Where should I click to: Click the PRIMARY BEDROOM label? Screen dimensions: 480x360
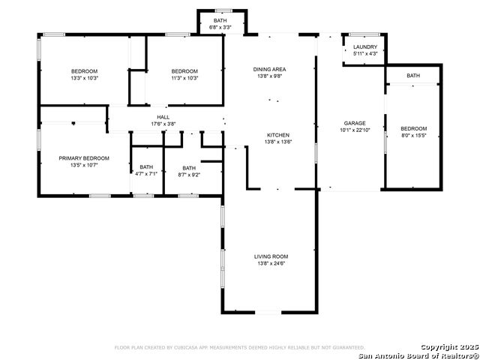point(84,158)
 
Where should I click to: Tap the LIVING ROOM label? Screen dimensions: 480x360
point(271,256)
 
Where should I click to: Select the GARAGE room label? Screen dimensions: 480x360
point(355,123)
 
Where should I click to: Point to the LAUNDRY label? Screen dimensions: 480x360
point(365,46)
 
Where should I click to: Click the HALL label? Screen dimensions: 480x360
point(163,117)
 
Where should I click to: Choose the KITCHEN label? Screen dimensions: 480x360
point(278,135)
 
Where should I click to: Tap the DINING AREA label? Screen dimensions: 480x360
point(269,70)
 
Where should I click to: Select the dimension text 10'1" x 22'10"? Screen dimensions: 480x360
point(355,130)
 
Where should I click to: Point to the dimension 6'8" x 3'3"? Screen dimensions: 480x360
point(220,27)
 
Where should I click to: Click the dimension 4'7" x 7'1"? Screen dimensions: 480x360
point(146,174)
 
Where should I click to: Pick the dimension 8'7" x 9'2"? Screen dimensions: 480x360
point(189,175)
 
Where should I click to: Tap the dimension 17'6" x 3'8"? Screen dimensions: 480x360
point(163,124)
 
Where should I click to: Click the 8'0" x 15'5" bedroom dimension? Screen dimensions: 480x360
point(414,135)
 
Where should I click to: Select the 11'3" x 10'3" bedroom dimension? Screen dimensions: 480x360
point(184,78)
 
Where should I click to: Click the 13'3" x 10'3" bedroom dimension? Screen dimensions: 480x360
point(84,78)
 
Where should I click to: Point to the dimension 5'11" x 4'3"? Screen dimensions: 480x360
point(365,53)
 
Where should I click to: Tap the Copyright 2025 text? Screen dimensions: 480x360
point(449,346)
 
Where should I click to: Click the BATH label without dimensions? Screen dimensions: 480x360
point(413,76)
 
